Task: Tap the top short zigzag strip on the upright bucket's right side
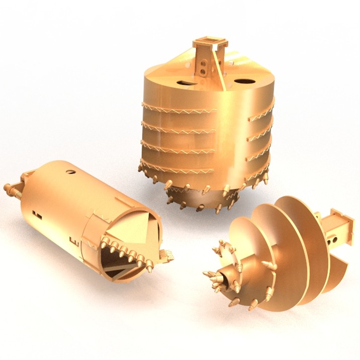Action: click(261, 115)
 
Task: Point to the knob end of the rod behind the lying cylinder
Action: click(7, 189)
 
